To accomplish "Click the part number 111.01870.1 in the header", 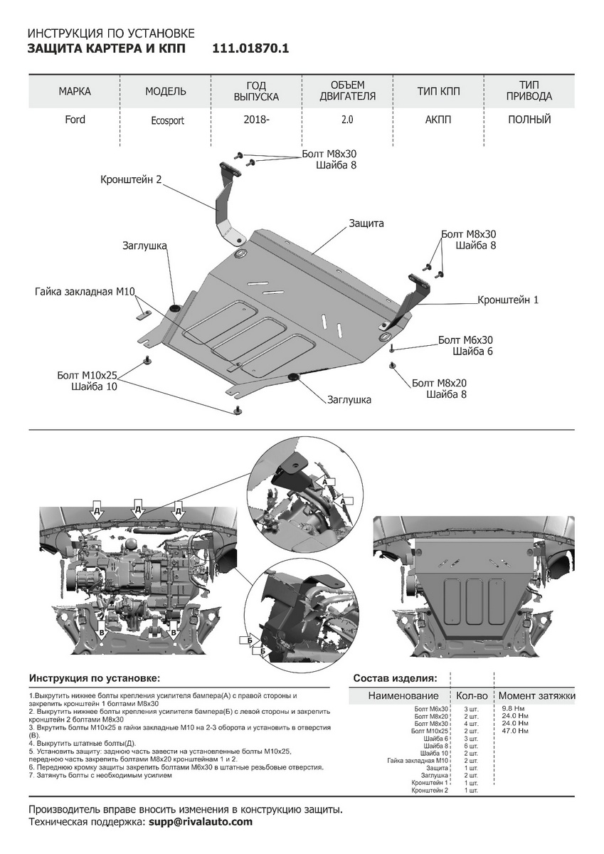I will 250,48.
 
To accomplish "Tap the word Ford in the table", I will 75,120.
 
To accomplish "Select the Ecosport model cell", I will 167,120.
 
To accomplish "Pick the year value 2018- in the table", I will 256,120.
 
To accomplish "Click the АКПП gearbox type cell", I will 438,120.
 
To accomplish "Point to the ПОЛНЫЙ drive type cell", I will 529,120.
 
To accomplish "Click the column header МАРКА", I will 75,91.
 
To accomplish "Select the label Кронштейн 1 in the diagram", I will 508,300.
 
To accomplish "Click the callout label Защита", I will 366,223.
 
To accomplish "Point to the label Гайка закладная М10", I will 85,292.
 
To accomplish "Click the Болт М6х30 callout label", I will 465,340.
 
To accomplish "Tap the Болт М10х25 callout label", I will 88,375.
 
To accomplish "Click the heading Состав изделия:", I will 395,678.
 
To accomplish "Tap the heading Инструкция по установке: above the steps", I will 94,678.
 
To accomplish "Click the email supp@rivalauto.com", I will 201,822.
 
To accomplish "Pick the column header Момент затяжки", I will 536,695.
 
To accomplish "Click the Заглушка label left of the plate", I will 144,246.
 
